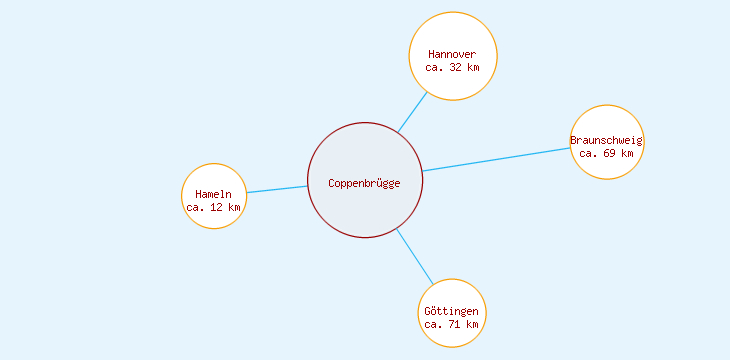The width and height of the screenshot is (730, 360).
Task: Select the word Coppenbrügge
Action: pos(365,183)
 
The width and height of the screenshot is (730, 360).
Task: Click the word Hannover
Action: pos(452,54)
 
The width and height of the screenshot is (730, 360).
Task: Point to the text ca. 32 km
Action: pos(452,68)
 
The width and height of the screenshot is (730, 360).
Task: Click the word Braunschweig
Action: pos(606,140)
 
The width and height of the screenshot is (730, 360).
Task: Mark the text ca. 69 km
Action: pos(606,154)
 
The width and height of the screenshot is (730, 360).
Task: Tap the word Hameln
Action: pos(213,194)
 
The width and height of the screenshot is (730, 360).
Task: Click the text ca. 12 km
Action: pos(213,208)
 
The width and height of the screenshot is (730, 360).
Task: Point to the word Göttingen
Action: pos(451,311)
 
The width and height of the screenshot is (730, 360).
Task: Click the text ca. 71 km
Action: pos(451,325)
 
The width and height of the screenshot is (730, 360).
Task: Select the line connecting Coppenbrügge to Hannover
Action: pos(412,112)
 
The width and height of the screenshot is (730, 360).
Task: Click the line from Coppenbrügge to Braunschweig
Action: pos(495,159)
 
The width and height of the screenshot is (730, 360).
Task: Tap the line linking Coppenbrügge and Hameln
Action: pos(277,189)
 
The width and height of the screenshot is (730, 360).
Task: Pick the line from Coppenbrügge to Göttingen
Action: pos(414,256)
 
